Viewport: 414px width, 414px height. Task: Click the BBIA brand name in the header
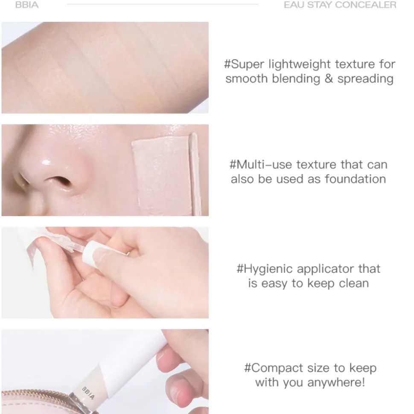coord(27,5)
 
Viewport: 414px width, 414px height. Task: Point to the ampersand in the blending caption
coord(329,79)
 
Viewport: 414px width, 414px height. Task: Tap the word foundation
coord(355,179)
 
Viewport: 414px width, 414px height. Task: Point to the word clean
coord(354,283)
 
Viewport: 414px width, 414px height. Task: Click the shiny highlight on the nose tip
coord(46,162)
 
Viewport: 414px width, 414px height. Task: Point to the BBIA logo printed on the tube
coord(88,393)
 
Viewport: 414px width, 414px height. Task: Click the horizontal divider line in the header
coord(163,4)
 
